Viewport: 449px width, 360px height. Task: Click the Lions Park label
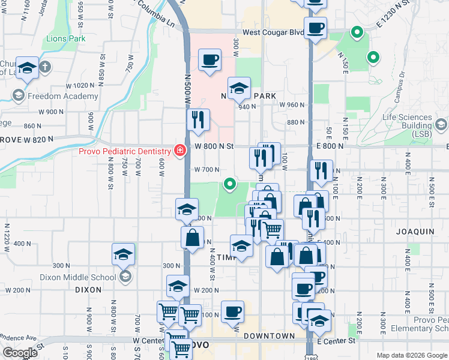point(65,39)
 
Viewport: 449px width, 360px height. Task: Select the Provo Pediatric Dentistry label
point(124,151)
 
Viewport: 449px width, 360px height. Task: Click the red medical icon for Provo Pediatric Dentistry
point(179,151)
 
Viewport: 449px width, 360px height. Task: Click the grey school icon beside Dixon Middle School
point(125,277)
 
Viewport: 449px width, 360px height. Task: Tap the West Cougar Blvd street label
point(273,32)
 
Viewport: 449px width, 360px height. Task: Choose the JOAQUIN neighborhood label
point(415,231)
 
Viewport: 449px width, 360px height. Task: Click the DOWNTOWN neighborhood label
point(270,337)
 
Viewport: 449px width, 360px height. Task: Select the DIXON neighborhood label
point(88,289)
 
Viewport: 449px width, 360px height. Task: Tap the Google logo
point(20,353)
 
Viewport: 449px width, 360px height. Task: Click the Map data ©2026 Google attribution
point(411,355)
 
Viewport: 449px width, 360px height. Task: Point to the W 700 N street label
point(206,170)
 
